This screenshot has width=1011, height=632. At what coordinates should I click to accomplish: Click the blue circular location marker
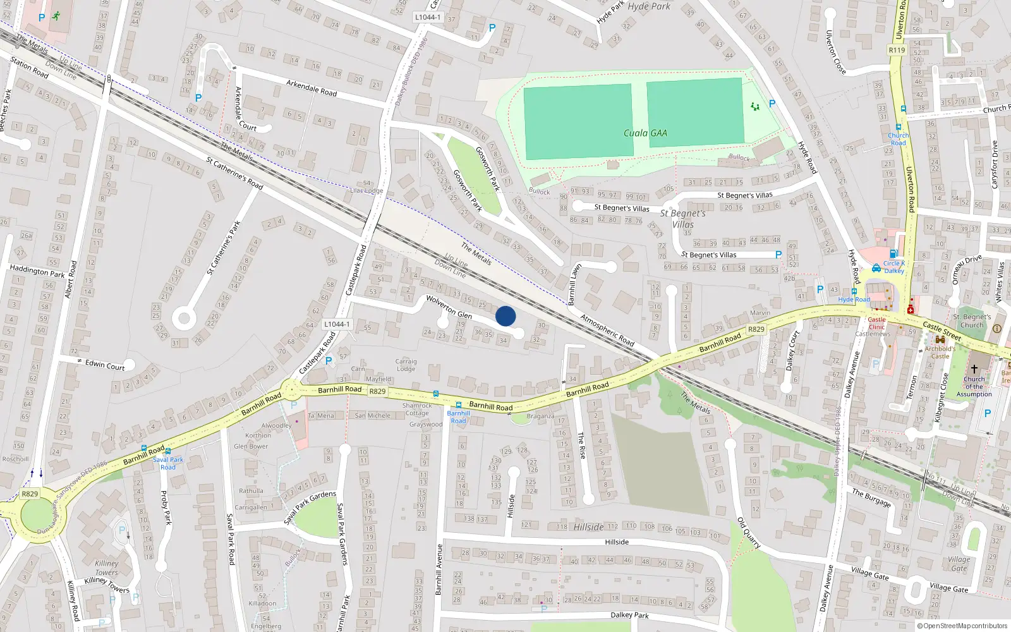[505, 316]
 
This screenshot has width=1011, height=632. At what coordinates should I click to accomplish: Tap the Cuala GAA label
[645, 133]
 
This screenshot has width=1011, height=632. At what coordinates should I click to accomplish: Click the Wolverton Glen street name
[449, 307]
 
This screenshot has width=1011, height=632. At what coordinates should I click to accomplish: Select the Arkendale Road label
[312, 88]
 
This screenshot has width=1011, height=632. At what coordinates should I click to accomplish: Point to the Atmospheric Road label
[607, 330]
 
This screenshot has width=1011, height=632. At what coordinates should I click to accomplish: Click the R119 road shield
[897, 50]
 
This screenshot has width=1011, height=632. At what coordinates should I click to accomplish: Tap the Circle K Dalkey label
[894, 267]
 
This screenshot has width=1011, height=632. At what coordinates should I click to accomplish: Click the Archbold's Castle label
[940, 352]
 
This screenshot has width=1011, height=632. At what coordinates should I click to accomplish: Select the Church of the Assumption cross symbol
[974, 368]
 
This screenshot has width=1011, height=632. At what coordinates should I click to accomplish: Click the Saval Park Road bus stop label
[168, 463]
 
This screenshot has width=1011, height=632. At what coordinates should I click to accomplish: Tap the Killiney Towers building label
[106, 568]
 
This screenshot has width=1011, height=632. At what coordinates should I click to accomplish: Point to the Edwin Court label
[105, 365]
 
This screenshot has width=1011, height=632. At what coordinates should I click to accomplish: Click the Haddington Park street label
[37, 272]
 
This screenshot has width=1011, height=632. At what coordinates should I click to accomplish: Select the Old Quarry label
[749, 533]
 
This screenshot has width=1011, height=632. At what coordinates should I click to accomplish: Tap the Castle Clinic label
[876, 324]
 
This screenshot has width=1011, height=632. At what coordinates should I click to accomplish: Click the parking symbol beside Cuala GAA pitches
[772, 104]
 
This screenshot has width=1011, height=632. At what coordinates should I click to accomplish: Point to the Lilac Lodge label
[366, 190]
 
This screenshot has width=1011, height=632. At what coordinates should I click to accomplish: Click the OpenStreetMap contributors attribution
[962, 626]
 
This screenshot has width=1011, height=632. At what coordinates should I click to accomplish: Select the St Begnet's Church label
[972, 321]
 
